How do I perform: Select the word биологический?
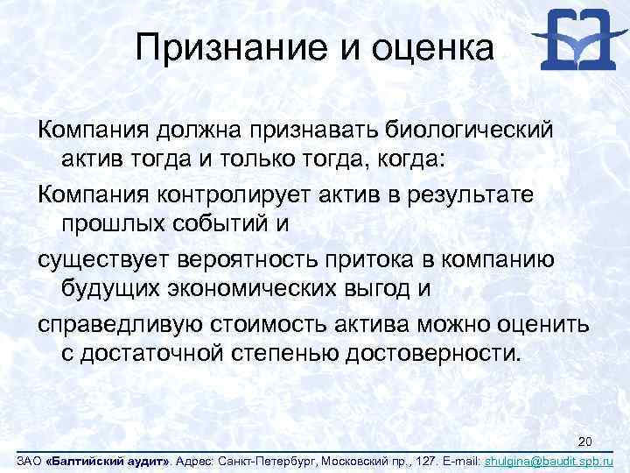tap(465, 131)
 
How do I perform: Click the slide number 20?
tap(587, 440)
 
